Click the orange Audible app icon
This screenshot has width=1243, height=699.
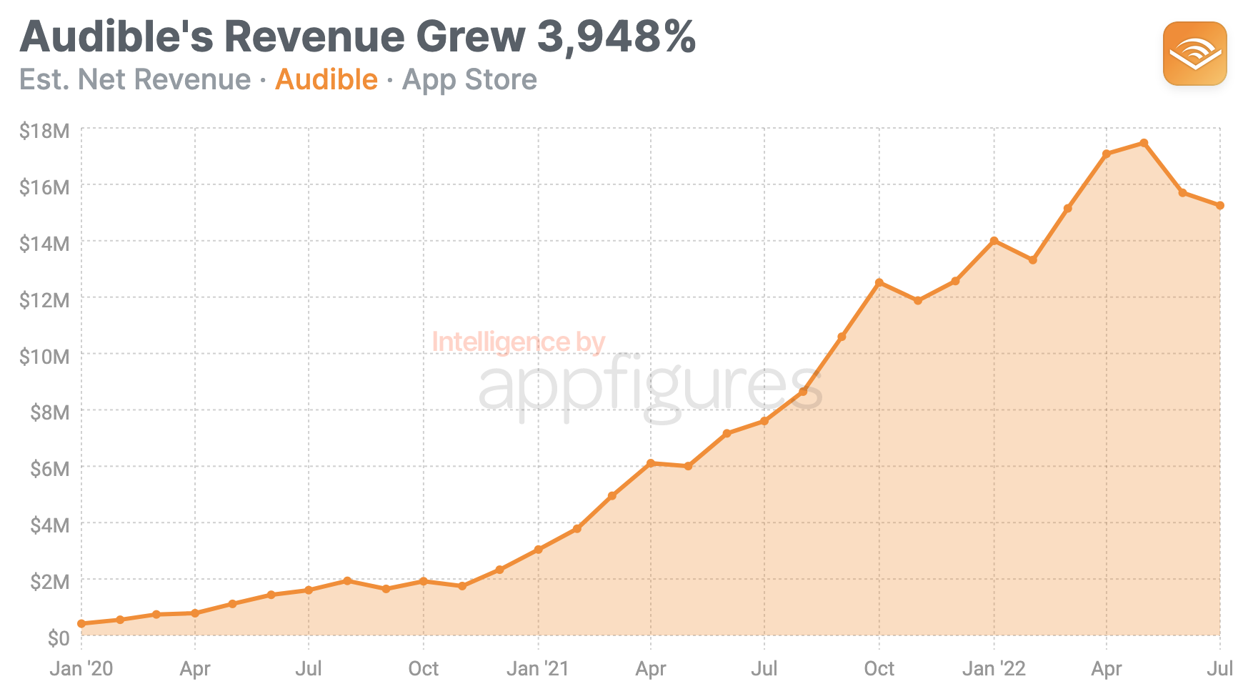1194,54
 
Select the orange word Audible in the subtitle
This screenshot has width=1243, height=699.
326,79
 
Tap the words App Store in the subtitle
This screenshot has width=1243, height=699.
469,79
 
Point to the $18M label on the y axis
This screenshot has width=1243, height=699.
44,131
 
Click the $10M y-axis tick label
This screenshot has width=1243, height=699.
44,356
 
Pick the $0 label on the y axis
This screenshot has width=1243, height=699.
58,638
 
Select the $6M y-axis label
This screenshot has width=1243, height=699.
49,469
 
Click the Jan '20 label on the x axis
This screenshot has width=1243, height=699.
81,669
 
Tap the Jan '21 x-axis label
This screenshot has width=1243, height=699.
537,669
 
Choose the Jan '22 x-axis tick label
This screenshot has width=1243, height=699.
994,669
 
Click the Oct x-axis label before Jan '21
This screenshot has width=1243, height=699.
423,669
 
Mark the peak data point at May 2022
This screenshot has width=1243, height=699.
1144,143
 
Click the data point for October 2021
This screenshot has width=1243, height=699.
879,283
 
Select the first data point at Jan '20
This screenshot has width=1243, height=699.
81,624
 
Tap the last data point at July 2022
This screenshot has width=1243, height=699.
1220,206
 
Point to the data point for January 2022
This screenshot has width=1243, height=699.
994,241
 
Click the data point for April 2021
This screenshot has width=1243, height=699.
651,463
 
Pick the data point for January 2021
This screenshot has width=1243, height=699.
538,550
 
